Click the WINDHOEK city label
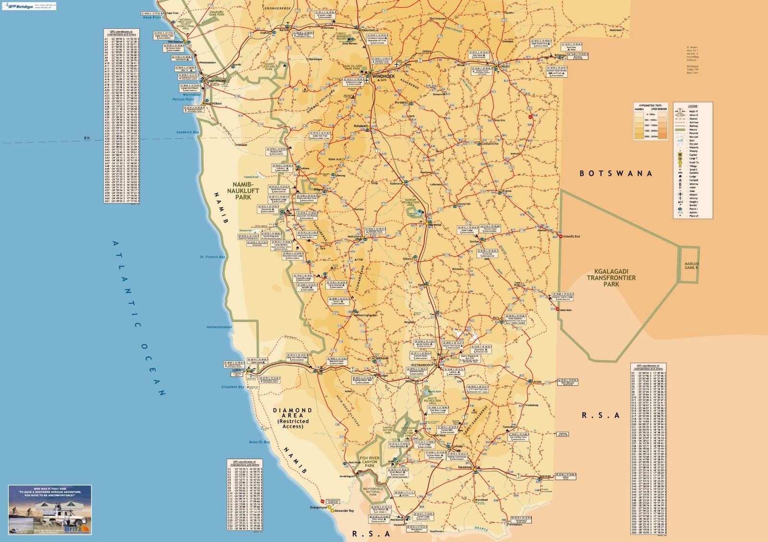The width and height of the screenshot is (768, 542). tap(383, 76)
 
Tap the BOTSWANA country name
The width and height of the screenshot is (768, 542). tap(616, 173)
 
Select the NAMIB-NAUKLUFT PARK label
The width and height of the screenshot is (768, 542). tap(243, 191)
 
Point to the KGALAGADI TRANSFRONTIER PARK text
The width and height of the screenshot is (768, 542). tap(611, 277)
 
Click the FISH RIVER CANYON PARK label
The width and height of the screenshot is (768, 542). tap(370, 462)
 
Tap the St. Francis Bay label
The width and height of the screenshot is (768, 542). tap(212, 257)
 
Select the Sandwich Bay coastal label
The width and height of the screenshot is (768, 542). tap(187, 132)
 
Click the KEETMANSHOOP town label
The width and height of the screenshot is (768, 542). tap(422, 365)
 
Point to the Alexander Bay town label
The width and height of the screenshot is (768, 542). tap(344, 511)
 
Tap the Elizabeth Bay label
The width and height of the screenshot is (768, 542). tap(232, 386)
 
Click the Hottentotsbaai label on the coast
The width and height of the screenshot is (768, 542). tap(219, 327)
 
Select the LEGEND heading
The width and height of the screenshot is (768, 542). tap(692, 106)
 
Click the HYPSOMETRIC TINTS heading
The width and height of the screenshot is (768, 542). tap(650, 106)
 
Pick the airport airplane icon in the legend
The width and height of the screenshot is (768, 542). tap(680, 194)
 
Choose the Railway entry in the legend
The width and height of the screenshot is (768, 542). tap(694, 126)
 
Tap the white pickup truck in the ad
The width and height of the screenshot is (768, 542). tap(60, 518)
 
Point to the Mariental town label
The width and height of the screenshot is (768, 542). tap(434, 225)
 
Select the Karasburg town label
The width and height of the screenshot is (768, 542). tap(465, 467)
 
